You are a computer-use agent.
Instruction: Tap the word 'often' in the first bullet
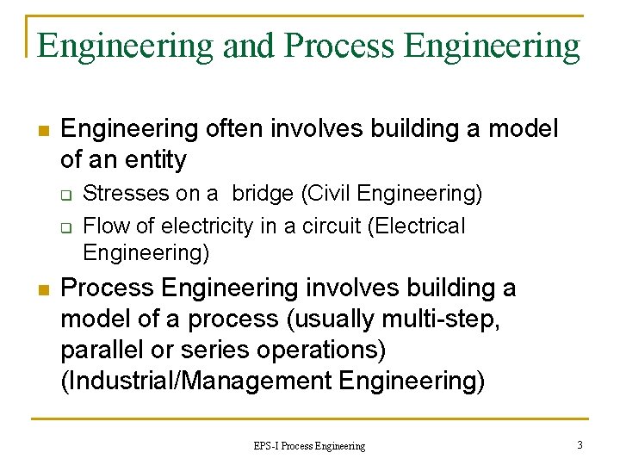coord(234,129)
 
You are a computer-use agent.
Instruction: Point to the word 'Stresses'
coord(124,194)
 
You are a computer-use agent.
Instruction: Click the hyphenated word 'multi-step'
coord(446,319)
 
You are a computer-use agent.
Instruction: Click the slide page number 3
coord(580,445)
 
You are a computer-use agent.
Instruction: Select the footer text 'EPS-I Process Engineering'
coord(309,446)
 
